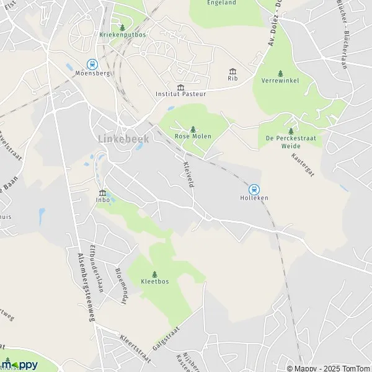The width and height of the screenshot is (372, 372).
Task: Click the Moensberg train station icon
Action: point(92,63)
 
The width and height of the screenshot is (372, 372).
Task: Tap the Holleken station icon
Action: point(254,189)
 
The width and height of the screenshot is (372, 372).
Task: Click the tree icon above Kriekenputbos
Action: point(122,27)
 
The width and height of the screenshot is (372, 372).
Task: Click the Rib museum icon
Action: point(232,71)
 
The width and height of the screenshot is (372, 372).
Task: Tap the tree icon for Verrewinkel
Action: point(280,73)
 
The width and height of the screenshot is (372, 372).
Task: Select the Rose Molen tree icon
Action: point(193,128)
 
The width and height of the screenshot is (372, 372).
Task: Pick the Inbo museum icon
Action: point(102,192)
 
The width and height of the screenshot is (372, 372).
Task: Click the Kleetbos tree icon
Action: point(154,273)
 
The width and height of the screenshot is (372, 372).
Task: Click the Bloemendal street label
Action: point(122,283)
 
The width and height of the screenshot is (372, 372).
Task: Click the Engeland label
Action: point(221,3)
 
